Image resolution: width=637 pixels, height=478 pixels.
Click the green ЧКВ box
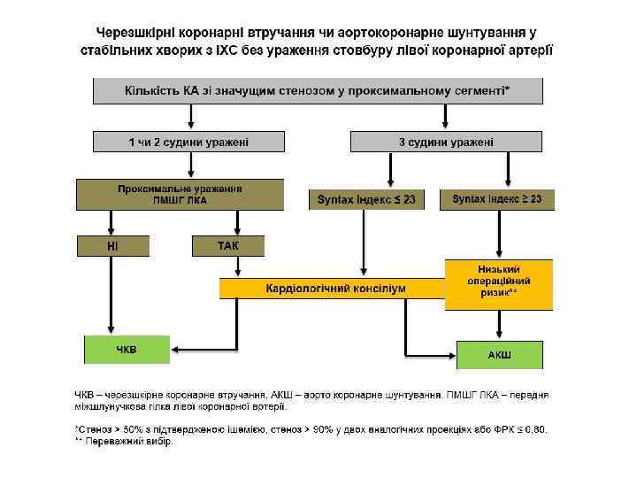coord(127,350)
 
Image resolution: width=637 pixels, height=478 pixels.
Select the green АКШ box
coord(499,354)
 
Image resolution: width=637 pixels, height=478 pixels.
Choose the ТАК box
coord(228,245)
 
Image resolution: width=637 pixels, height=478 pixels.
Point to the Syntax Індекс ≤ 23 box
coord(366,200)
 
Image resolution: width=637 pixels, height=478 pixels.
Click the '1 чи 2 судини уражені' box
coord(189,142)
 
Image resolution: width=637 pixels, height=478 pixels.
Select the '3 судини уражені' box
coord(447,142)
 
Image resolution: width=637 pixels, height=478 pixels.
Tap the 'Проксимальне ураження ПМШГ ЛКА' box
coord(180,195)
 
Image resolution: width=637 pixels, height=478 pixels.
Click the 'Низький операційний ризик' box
coord(498,284)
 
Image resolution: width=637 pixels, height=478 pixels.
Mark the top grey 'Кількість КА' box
coord(318,91)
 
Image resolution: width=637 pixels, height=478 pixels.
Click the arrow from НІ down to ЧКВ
coord(110,297)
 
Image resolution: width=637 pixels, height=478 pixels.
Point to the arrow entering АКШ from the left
coord(434,355)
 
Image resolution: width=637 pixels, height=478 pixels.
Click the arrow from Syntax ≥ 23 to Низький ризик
coord(500,234)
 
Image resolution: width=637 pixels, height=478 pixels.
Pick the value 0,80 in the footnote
coord(535,430)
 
